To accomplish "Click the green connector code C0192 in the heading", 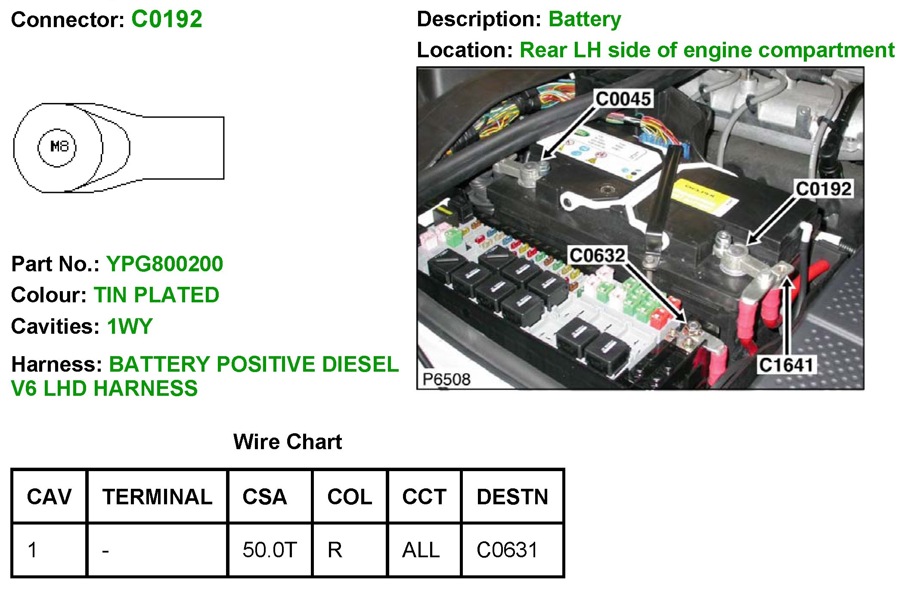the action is (x=167, y=19).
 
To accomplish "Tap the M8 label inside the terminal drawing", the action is (x=59, y=147).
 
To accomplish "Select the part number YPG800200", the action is (x=164, y=264).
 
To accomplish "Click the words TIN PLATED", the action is (x=156, y=295).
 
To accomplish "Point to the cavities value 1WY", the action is (x=130, y=326).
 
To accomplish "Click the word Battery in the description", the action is (x=585, y=19).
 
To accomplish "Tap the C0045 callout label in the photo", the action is (x=623, y=99).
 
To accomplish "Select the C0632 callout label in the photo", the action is (x=597, y=256).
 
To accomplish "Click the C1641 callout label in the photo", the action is (x=786, y=365).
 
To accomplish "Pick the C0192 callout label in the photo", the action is (x=823, y=189).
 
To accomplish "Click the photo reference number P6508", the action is (x=446, y=379).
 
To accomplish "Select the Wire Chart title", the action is (x=287, y=442).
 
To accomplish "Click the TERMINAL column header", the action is (x=157, y=497).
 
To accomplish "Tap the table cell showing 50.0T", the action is (x=270, y=550).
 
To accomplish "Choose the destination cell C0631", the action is (x=507, y=550).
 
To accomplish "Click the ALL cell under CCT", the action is (x=421, y=550).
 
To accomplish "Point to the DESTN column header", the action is (x=512, y=497).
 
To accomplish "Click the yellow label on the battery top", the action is (x=703, y=196).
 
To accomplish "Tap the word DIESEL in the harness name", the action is (x=360, y=364).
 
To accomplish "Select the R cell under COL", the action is (x=335, y=550).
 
